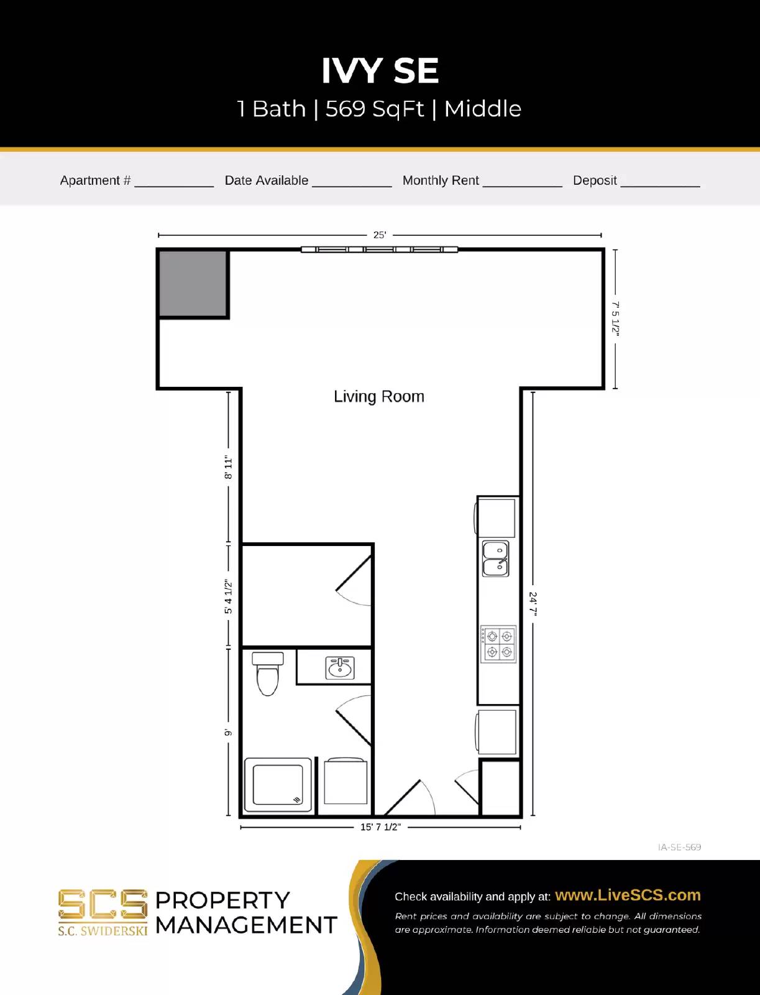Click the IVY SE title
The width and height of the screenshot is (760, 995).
click(380, 71)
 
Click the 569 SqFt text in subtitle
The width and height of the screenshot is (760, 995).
click(375, 109)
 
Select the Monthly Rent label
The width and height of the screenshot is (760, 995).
click(441, 180)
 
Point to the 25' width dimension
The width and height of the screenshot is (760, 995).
click(380, 235)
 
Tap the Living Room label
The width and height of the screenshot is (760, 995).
click(379, 397)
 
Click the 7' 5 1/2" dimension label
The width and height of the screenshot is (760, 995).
click(615, 318)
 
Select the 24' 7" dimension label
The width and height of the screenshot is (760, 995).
click(533, 603)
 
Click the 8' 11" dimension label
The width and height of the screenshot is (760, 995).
click(229, 467)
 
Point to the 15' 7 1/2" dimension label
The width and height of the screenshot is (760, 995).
click(380, 827)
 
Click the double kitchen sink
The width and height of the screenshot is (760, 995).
click(496, 558)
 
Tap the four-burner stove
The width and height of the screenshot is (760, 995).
click(499, 644)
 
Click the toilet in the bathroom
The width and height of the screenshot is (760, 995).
click(268, 673)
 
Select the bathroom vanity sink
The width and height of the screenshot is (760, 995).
click(340, 668)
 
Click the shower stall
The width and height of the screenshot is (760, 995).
click(278, 785)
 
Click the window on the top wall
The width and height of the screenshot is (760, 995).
click(379, 249)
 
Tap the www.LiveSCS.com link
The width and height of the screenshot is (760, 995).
click(628, 895)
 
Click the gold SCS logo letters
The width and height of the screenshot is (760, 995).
click(103, 904)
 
